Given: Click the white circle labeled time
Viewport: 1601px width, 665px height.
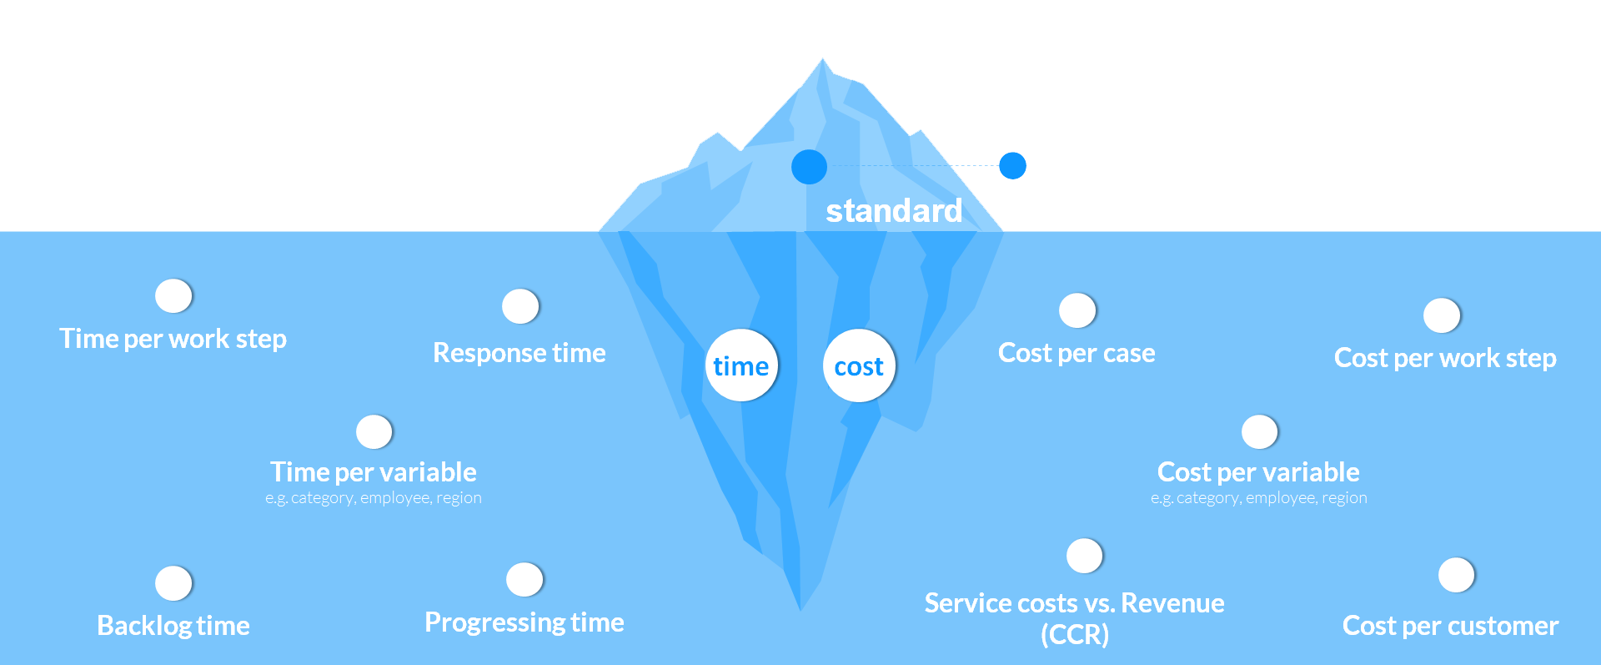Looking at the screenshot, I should [x=741, y=365].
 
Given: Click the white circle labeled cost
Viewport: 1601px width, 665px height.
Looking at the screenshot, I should [x=859, y=365].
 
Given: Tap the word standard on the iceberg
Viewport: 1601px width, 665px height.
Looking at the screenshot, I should [x=894, y=210].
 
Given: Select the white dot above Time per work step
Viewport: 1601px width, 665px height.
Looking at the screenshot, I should [x=173, y=295].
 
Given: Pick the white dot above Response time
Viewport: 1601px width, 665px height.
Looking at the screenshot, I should [x=520, y=306].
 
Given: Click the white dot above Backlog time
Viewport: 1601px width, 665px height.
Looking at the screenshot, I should [x=173, y=582].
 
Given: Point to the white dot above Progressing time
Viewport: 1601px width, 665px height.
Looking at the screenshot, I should [x=524, y=579].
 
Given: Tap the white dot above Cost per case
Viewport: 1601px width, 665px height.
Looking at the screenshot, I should [x=1077, y=310].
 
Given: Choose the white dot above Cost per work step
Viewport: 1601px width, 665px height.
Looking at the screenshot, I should [x=1442, y=315].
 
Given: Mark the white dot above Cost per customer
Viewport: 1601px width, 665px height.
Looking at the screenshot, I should [x=1456, y=575].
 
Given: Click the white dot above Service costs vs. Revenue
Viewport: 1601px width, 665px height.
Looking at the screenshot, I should [x=1085, y=556].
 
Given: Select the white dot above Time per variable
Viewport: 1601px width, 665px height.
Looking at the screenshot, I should [x=374, y=431].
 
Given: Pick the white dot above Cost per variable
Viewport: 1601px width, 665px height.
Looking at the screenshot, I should [x=1259, y=431].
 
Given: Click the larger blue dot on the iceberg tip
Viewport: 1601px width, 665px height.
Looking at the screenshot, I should [x=809, y=167].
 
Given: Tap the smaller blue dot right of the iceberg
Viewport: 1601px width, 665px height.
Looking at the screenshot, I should [x=1012, y=166].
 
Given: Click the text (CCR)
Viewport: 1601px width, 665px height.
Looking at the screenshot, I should [x=1075, y=635].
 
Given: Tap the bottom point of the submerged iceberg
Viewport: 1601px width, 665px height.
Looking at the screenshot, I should [x=800, y=607].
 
